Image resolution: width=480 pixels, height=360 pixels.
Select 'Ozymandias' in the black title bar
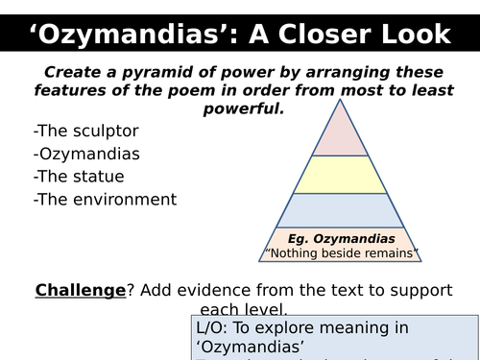(x=132, y=36)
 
